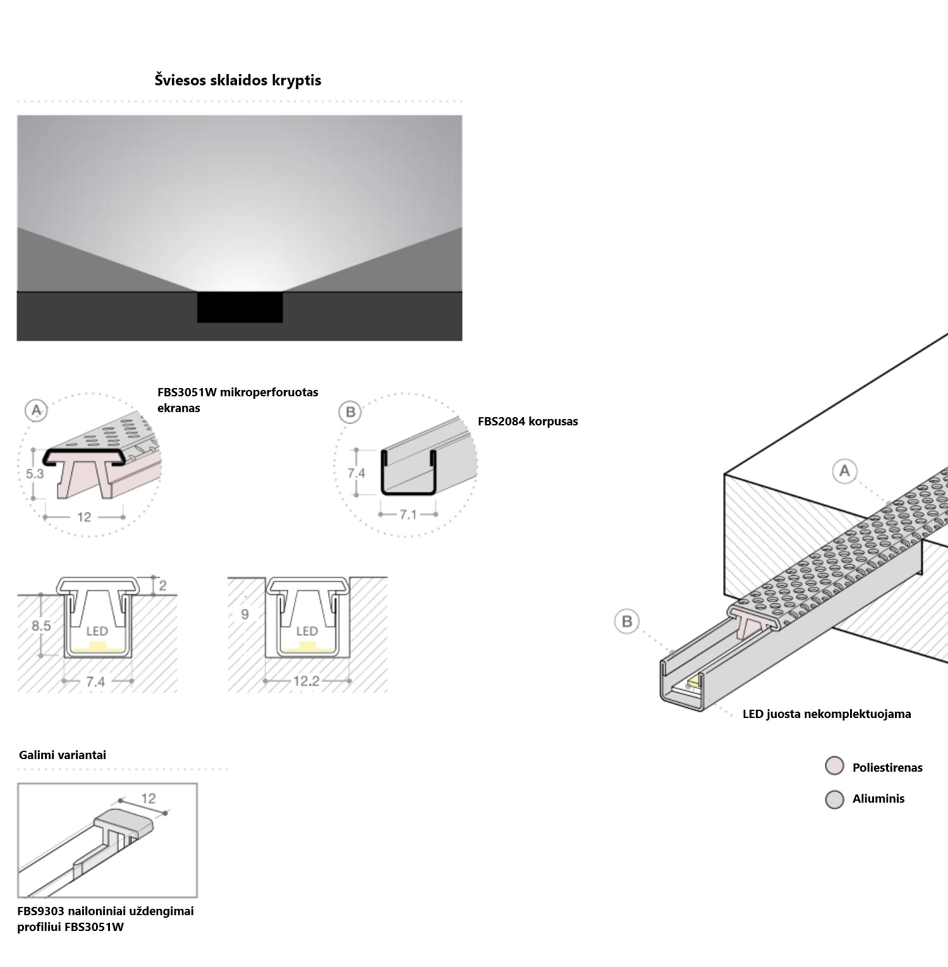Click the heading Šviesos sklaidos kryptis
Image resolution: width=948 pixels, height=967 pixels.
pyautogui.click(x=238, y=80)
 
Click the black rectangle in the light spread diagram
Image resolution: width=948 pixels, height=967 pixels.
pyautogui.click(x=240, y=307)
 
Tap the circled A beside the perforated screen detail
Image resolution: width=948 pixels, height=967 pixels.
pyautogui.click(x=37, y=411)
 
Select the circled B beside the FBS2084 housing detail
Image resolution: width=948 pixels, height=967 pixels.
pyautogui.click(x=349, y=413)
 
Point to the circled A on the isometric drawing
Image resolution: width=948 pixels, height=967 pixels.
pyautogui.click(x=844, y=471)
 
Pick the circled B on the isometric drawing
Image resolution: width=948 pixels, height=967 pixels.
pyautogui.click(x=627, y=621)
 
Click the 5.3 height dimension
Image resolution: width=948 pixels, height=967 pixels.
pyautogui.click(x=35, y=473)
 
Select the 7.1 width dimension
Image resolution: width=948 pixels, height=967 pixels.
pyautogui.click(x=408, y=514)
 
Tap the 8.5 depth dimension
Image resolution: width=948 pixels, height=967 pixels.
pyautogui.click(x=41, y=626)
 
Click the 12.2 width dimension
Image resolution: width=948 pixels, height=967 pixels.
pyautogui.click(x=307, y=681)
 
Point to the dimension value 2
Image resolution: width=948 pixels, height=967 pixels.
pyautogui.click(x=162, y=586)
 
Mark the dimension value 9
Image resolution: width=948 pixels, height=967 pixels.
pyautogui.click(x=245, y=614)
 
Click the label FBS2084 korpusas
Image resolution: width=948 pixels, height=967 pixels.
pyautogui.click(x=528, y=422)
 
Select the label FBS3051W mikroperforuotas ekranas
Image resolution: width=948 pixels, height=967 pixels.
pyautogui.click(x=238, y=399)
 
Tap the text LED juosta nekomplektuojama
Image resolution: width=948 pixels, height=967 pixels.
pyautogui.click(x=827, y=714)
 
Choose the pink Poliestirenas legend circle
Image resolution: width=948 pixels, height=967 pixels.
pyautogui.click(x=834, y=766)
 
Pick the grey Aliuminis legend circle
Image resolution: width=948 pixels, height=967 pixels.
pyautogui.click(x=834, y=799)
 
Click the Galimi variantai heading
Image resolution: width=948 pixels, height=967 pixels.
pyautogui.click(x=63, y=755)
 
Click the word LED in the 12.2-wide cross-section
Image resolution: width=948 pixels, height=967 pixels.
pyautogui.click(x=307, y=631)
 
